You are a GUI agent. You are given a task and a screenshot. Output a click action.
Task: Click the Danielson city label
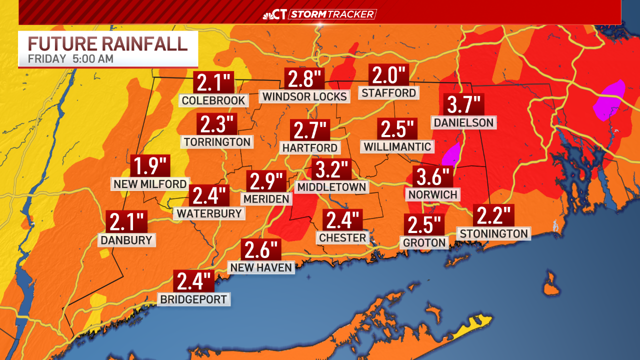(464, 122)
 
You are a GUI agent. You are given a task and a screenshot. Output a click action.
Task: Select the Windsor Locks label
(304, 96)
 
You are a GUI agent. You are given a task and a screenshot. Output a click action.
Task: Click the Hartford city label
(310, 148)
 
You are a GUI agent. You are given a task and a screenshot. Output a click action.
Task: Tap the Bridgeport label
(193, 300)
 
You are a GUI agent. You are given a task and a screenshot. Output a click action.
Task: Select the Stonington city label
(493, 233)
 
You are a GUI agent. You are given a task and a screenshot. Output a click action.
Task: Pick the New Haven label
(261, 268)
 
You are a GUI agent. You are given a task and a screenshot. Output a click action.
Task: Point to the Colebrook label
(213, 100)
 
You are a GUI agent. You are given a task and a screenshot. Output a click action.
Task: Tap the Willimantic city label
(397, 146)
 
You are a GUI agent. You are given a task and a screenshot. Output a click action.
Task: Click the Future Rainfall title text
(108, 43)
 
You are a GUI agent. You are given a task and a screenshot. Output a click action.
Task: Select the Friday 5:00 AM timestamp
(70, 58)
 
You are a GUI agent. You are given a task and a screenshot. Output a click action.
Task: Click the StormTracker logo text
(332, 14)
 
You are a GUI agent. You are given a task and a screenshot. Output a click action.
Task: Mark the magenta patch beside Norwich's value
(451, 154)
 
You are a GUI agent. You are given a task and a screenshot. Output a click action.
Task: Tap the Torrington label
(217, 142)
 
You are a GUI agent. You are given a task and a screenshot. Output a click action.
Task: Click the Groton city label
(423, 242)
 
